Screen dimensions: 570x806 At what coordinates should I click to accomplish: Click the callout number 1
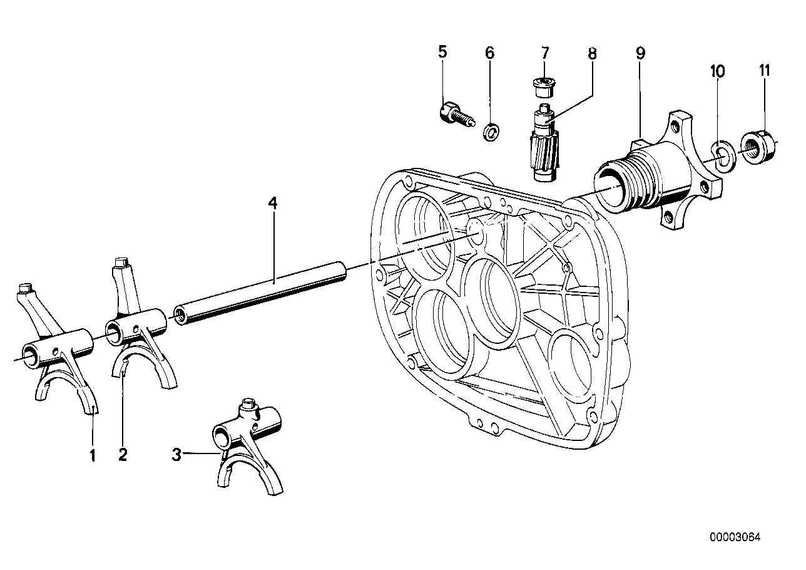pos(93,456)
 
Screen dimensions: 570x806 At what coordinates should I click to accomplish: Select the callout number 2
pos(123,455)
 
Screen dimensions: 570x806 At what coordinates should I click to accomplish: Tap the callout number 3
pos(177,455)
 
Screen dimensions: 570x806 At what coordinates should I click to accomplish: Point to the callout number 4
pos(272,204)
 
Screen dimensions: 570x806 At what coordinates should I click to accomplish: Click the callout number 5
pos(443,52)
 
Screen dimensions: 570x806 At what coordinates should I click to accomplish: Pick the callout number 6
pos(489,53)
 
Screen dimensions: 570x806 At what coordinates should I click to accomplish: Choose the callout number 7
pos(544,52)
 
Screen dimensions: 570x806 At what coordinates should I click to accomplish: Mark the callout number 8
pos(592,53)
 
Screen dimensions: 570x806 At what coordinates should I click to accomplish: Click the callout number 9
pos(640,53)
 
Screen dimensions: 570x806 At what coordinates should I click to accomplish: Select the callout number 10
pos(717,71)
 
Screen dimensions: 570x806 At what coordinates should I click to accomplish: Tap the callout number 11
pos(764,71)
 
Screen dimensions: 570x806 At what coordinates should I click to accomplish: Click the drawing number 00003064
pos(735,537)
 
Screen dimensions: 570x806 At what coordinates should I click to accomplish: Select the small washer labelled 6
pos(494,132)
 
